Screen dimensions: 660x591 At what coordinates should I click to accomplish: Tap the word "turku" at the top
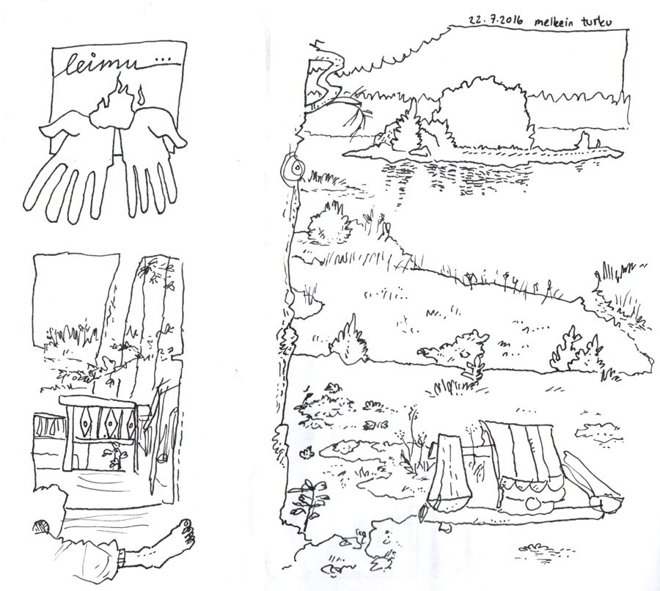[x=596, y=22]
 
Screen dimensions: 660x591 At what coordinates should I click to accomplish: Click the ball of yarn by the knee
[x=42, y=528]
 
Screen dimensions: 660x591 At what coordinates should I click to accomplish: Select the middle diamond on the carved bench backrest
[x=111, y=425]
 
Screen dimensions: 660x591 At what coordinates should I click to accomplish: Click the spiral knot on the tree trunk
[x=292, y=169]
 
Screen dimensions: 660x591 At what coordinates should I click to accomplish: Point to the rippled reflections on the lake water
[x=455, y=177]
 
